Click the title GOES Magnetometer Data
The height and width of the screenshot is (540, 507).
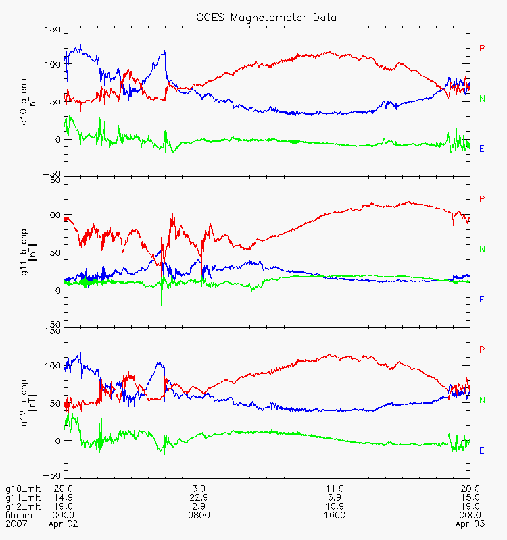[266, 18]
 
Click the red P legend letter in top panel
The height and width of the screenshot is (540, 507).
[482, 48]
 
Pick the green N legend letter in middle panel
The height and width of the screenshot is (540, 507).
[482, 249]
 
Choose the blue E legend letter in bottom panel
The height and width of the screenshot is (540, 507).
[482, 450]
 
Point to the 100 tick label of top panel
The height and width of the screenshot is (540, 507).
[53, 64]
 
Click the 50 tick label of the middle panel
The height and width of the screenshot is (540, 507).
[55, 252]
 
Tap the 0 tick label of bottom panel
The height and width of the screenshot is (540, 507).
[57, 441]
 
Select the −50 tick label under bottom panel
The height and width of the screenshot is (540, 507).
[52, 476]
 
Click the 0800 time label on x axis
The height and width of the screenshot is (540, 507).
[199, 515]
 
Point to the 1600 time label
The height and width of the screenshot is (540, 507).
[335, 515]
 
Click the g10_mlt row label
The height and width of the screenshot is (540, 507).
[23, 489]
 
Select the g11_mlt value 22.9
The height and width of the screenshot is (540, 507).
[199, 497]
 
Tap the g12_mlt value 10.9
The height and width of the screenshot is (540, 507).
[335, 507]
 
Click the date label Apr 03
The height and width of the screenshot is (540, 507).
[470, 524]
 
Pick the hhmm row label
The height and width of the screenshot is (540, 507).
[19, 515]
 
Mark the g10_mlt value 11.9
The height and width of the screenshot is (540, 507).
[335, 489]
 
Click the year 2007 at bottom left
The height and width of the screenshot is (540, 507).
[16, 524]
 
